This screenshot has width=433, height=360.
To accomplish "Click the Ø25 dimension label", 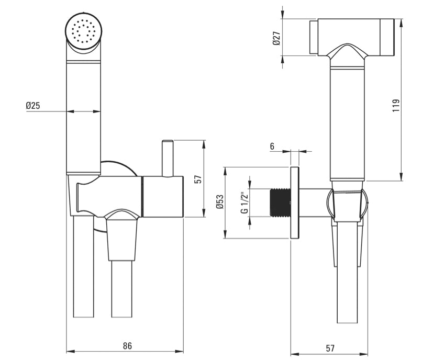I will coord(33,106).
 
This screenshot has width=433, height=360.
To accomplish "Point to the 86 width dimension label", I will coord(127,346).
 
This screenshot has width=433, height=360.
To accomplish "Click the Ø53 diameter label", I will coord(220,203).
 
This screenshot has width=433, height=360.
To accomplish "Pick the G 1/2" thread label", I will coord(244,203).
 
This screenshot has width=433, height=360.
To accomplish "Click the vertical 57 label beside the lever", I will coord(197,178).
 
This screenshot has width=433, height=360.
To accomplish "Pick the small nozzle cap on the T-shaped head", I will coord(314,38).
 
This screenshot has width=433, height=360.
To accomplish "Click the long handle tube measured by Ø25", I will coord(83,115).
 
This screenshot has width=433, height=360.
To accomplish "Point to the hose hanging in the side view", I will coord(346,277).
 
